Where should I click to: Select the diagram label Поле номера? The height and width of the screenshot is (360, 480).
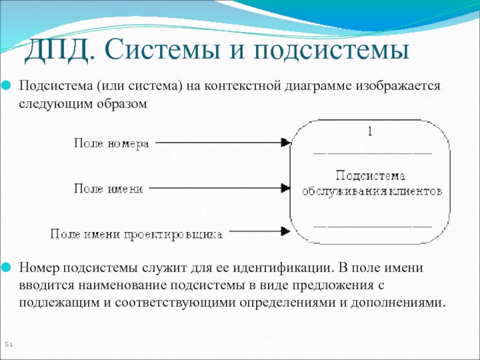[x=111, y=143]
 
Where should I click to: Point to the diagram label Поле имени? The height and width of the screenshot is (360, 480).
[x=108, y=188]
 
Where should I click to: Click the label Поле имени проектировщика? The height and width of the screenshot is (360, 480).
[x=136, y=233]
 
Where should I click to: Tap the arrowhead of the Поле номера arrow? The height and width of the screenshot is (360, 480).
[x=286, y=143]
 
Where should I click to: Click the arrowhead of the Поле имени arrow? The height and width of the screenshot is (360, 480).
[x=286, y=188]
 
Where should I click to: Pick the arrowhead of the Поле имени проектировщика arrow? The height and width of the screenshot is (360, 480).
[x=286, y=230]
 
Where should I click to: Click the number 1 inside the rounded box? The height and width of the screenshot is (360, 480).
[x=370, y=132]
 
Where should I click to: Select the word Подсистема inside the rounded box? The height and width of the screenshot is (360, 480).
[x=370, y=176]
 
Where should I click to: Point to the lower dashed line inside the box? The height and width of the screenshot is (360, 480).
[x=373, y=226]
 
